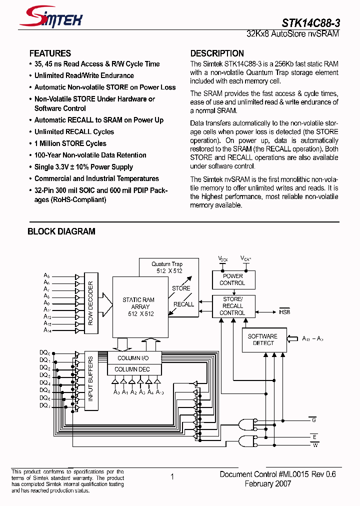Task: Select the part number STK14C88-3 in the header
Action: (310, 22)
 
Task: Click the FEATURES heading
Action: (50, 53)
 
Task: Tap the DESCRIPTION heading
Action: (217, 53)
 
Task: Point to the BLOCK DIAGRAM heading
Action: (61, 231)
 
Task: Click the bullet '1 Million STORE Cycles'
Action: (70, 143)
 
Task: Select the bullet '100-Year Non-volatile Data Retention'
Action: (90, 155)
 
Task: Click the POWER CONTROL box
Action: (232, 279)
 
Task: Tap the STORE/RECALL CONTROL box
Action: (232, 306)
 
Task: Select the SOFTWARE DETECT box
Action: (262, 340)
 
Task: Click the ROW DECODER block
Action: (90, 303)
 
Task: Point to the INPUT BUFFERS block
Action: (90, 379)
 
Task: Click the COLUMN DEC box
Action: (132, 369)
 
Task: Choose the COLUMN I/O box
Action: (132, 358)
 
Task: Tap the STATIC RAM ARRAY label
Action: (138, 307)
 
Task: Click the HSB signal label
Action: (284, 312)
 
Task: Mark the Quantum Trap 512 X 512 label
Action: (167, 267)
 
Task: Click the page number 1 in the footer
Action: (172, 477)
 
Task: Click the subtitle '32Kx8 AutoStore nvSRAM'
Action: (293, 34)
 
